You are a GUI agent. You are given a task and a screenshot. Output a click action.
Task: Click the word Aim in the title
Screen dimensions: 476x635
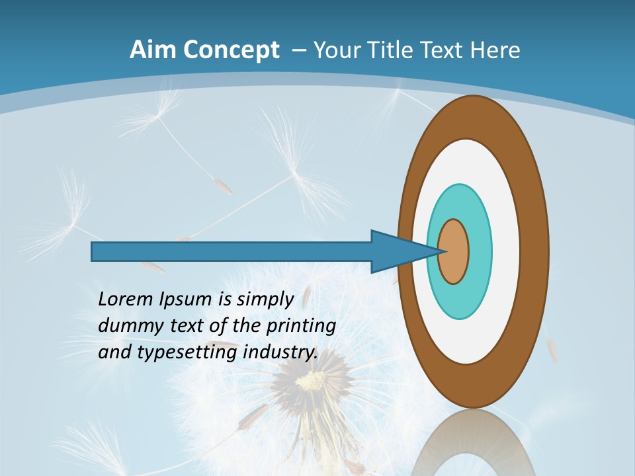[153, 50]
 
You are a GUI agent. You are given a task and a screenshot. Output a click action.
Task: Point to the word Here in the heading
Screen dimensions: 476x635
[495, 50]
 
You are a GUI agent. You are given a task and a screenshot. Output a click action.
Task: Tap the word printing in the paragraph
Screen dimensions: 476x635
[301, 326]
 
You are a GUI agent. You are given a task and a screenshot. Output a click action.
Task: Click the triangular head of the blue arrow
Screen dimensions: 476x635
[397, 251]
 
